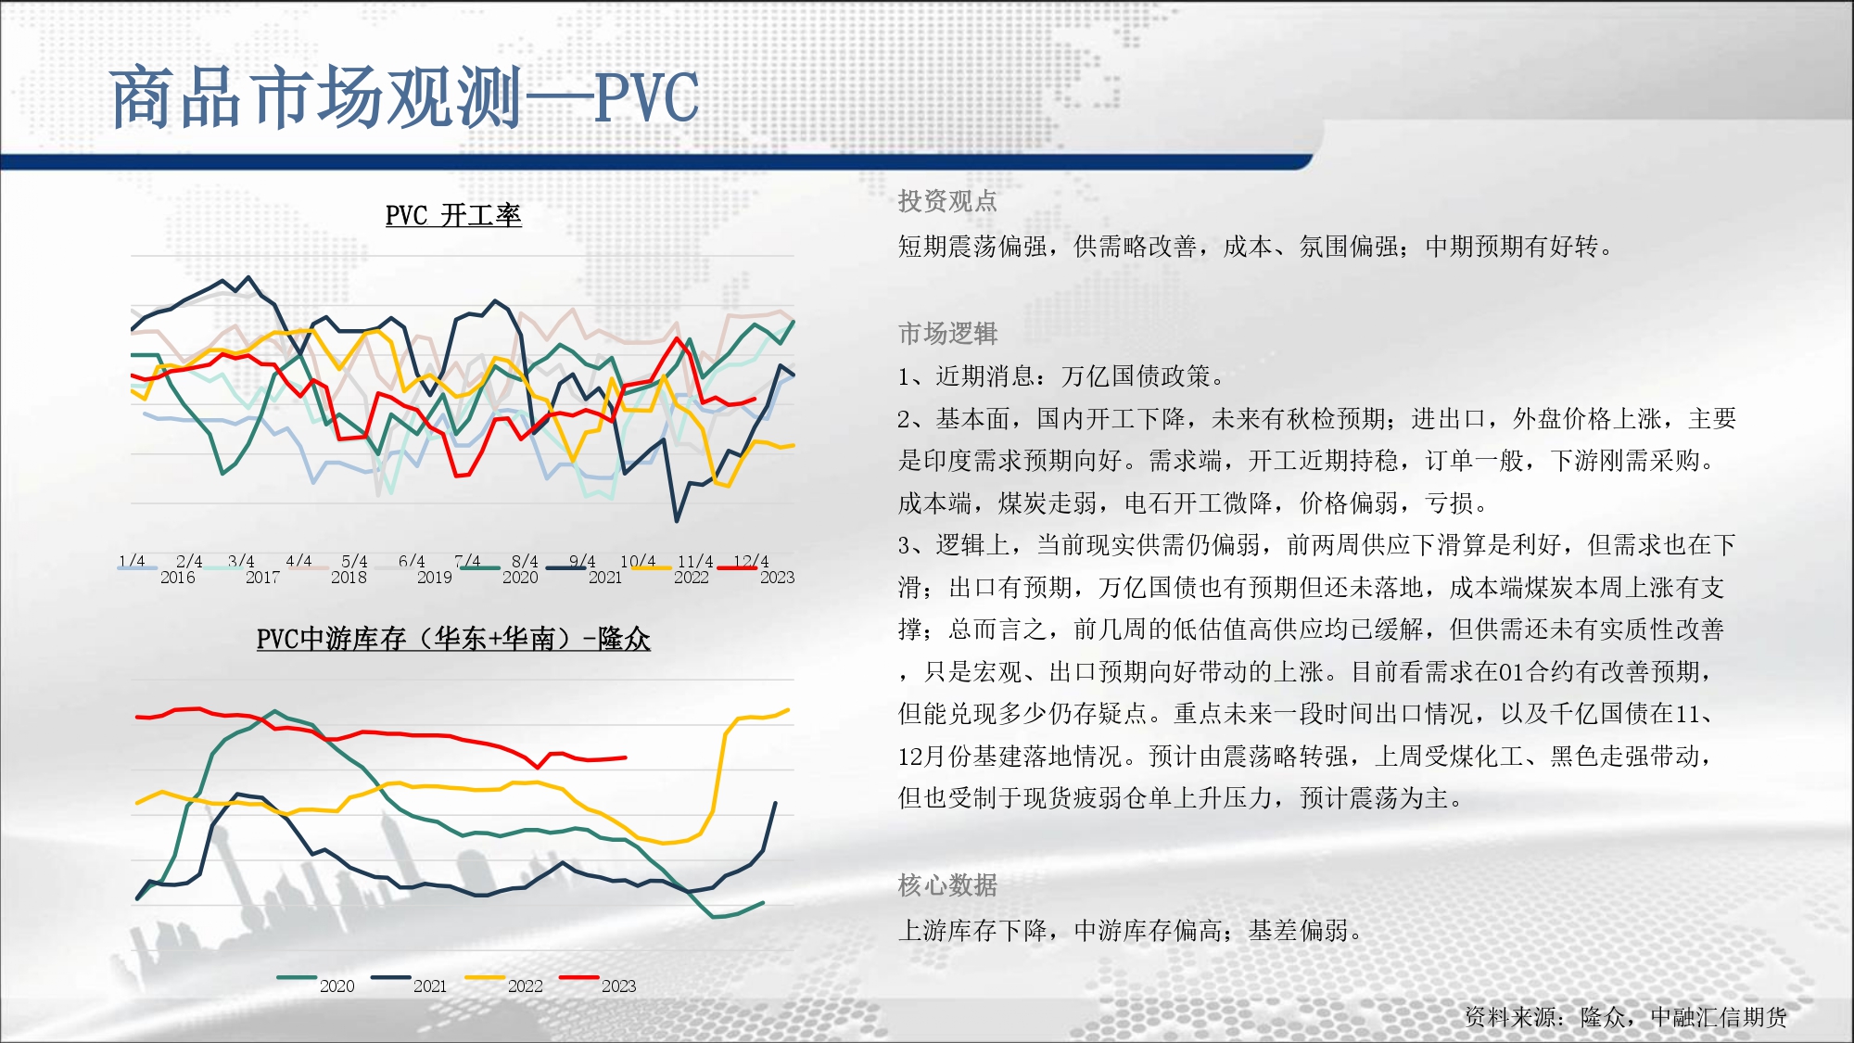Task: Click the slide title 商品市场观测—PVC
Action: pyautogui.click(x=404, y=97)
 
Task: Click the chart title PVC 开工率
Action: pyautogui.click(x=453, y=215)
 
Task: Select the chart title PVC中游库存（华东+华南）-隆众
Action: pyautogui.click(x=453, y=638)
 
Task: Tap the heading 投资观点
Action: pyautogui.click(x=947, y=201)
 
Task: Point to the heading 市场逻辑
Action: pyautogui.click(x=947, y=333)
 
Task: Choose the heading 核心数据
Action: pyautogui.click(x=947, y=885)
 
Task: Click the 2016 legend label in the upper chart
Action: pyautogui.click(x=178, y=578)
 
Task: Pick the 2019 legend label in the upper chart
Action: pyautogui.click(x=435, y=578)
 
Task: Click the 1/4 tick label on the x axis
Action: pyautogui.click(x=132, y=561)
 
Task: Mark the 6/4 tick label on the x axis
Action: pyautogui.click(x=412, y=561)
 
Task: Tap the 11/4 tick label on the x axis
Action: pyautogui.click(x=695, y=561)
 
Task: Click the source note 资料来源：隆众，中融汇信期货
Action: pyautogui.click(x=1626, y=1017)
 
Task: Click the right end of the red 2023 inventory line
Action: pyautogui.click(x=626, y=757)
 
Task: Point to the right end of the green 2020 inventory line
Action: pyautogui.click(x=763, y=902)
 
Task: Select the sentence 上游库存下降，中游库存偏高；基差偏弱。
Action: pyautogui.click(x=1130, y=930)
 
